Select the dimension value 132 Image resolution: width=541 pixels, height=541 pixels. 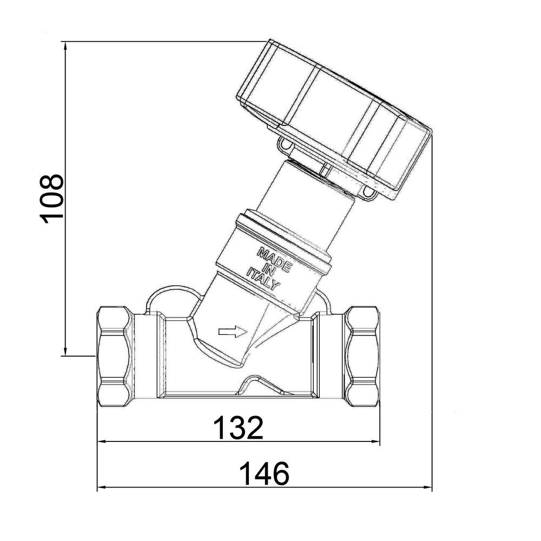point(238,427)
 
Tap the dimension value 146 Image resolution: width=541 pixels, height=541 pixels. point(264,473)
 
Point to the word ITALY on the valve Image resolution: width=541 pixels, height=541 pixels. point(263,278)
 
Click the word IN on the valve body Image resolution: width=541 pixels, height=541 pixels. point(269,269)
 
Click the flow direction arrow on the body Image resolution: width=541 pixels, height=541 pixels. point(233,332)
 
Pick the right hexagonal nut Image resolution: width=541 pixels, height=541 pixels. point(362,357)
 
